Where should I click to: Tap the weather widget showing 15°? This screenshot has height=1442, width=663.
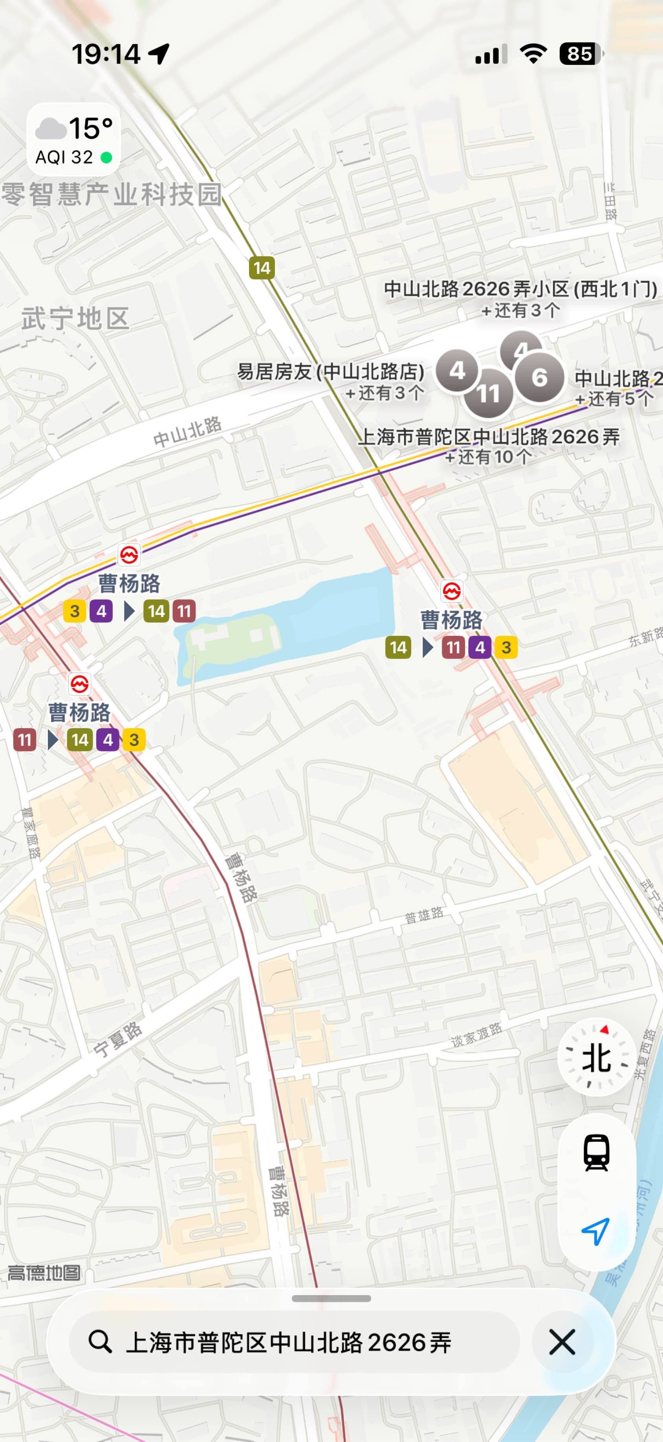click(73, 140)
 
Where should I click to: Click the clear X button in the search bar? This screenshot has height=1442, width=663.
click(562, 1342)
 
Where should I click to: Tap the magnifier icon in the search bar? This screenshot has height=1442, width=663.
click(100, 1342)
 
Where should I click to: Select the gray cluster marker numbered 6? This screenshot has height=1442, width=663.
click(539, 377)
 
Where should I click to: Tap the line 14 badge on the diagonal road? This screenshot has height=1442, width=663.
click(261, 268)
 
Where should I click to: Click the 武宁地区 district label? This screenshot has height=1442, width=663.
click(75, 318)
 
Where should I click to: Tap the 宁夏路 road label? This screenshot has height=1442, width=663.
click(117, 1040)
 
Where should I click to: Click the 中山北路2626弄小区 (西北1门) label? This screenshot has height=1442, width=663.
click(520, 289)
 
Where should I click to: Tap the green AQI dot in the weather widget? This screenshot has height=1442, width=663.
click(106, 158)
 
